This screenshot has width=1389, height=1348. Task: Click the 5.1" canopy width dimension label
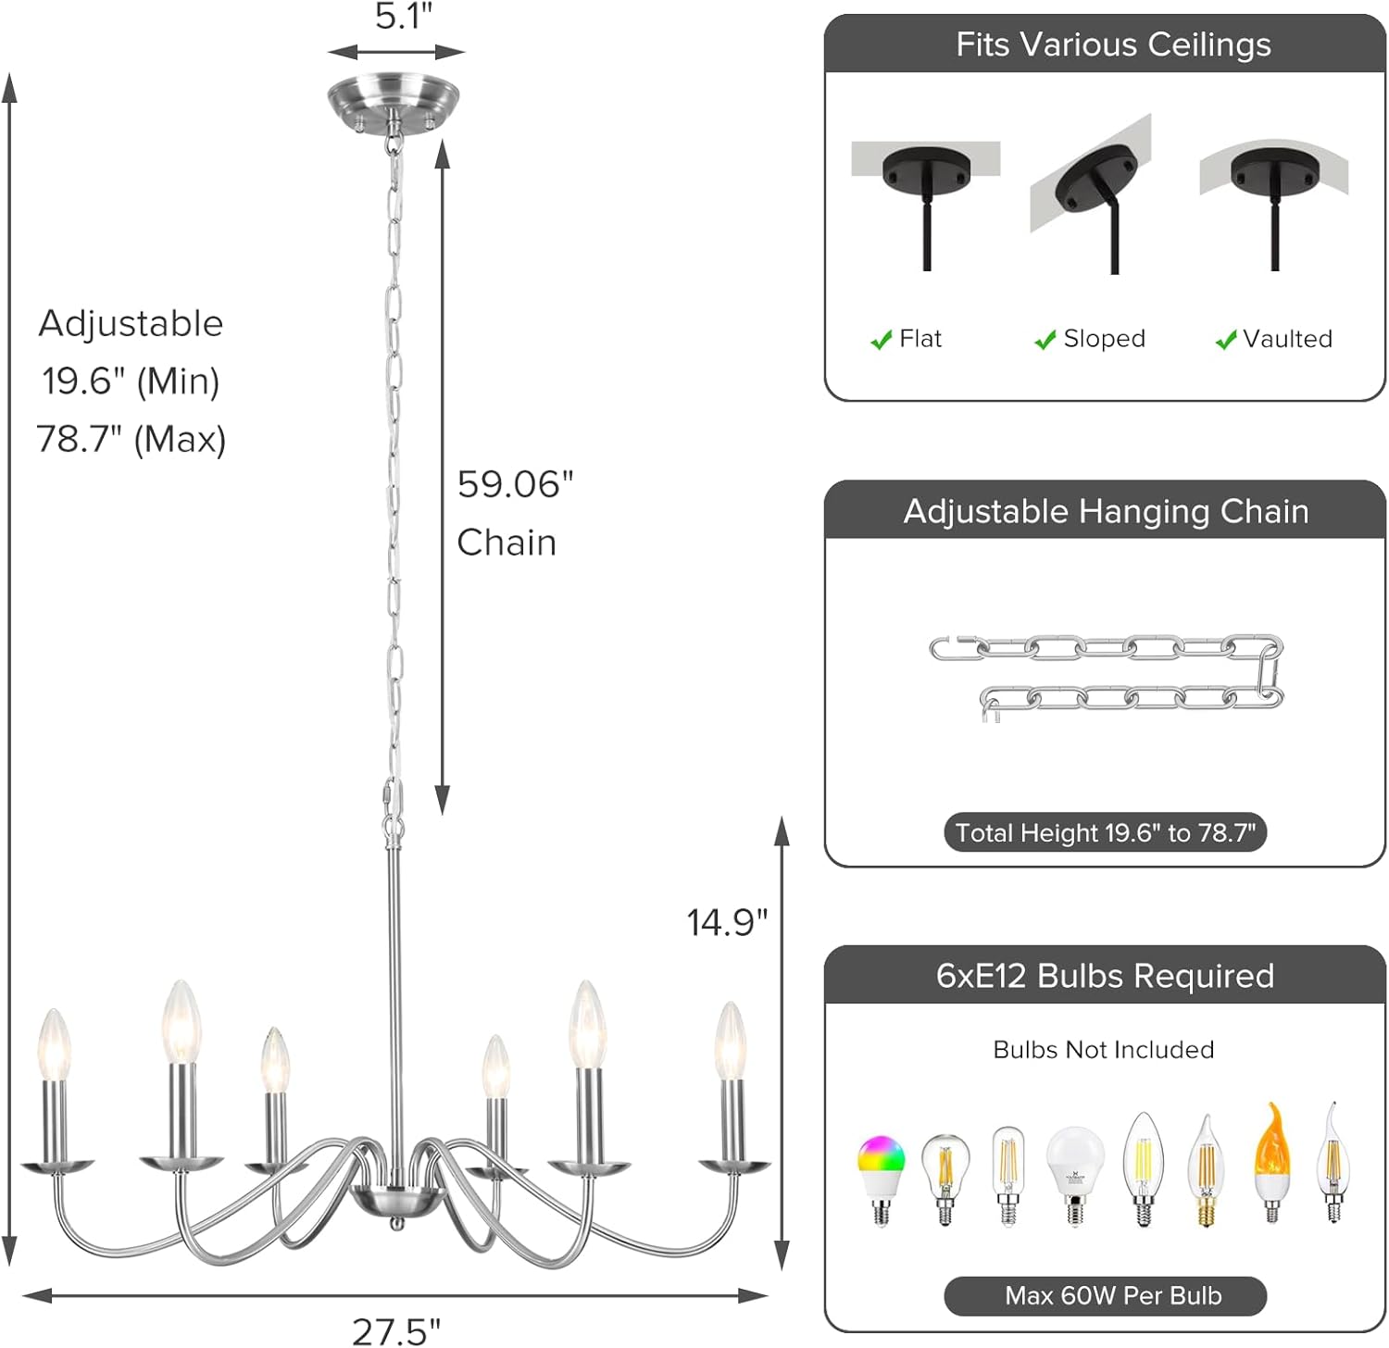404,17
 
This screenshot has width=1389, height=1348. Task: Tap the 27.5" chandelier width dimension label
396,1331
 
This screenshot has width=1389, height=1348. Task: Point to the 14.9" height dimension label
727,922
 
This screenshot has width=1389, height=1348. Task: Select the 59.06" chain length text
515,484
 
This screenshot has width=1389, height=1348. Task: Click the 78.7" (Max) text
131,439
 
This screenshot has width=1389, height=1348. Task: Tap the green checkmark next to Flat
882,340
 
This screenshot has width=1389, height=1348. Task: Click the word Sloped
1104,339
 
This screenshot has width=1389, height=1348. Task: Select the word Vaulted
1287,339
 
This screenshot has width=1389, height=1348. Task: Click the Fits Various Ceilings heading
1113,44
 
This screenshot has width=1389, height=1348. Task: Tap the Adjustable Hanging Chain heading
1106,511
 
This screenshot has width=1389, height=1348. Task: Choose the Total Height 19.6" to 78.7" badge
1105,832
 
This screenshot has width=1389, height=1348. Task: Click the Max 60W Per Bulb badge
1105,1295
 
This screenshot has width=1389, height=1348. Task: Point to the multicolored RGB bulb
881,1179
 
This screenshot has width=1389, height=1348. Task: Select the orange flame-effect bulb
1271,1162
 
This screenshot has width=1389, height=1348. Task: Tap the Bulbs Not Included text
1103,1050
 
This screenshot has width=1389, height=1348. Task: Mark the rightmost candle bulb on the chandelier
731,1041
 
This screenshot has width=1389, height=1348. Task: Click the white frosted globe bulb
1074,1175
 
